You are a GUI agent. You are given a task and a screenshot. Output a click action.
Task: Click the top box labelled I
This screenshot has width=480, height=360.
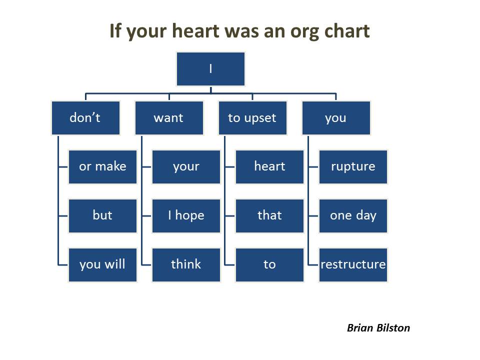(x=210, y=69)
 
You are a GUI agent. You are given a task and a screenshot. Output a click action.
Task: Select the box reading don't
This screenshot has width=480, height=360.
(x=85, y=118)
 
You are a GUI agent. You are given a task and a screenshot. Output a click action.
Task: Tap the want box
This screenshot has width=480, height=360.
(x=169, y=118)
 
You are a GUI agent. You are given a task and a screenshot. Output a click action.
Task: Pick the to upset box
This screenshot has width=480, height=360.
(x=252, y=118)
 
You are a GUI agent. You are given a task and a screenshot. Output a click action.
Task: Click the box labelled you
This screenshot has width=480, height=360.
(x=336, y=118)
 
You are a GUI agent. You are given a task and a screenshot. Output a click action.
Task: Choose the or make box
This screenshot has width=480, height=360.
(x=102, y=166)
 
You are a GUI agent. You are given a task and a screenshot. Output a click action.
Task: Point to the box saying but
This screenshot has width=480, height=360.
(x=102, y=215)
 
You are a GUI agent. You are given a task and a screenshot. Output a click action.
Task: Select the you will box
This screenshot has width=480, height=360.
(x=102, y=264)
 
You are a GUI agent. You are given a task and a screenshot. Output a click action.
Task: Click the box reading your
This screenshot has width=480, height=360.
(x=186, y=166)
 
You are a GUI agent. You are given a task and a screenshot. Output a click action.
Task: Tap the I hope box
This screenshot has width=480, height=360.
(x=186, y=215)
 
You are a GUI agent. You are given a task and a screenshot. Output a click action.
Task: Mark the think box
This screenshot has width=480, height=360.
(x=186, y=264)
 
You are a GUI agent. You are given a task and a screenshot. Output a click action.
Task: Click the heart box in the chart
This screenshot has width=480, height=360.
(x=269, y=166)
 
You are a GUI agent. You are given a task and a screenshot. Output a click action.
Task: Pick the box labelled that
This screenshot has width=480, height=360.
(x=269, y=215)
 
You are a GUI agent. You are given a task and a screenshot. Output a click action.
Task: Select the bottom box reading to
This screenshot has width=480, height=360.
(x=269, y=264)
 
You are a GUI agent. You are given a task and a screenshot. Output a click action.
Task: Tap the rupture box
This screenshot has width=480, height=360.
(x=353, y=166)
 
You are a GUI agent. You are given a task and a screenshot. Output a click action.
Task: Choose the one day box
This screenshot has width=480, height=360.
(x=353, y=215)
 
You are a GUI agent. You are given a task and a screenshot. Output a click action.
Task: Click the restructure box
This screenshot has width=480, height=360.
(x=353, y=264)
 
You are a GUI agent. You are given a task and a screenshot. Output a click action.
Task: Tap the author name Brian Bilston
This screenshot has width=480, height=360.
(x=378, y=328)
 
